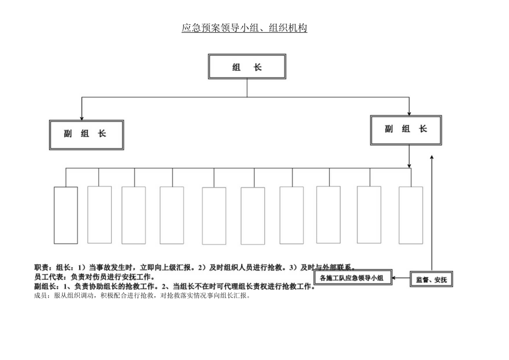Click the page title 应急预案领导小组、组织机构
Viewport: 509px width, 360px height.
point(244,28)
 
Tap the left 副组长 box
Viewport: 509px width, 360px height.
point(86,134)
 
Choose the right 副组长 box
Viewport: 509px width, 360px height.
point(406,129)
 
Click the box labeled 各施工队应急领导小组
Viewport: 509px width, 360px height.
point(352,278)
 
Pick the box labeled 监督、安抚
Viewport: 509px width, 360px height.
point(431,279)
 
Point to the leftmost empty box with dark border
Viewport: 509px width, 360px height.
point(65,215)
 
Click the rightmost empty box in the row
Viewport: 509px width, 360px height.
point(411,215)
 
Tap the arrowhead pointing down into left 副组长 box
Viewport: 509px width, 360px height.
point(82,117)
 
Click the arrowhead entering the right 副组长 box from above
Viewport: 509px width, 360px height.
point(409,112)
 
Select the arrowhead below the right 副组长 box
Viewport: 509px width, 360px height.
point(409,165)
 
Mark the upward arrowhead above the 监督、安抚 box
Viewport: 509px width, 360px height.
point(432,158)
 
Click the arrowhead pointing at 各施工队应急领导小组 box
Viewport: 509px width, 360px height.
point(394,278)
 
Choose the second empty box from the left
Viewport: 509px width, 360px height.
point(100,215)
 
